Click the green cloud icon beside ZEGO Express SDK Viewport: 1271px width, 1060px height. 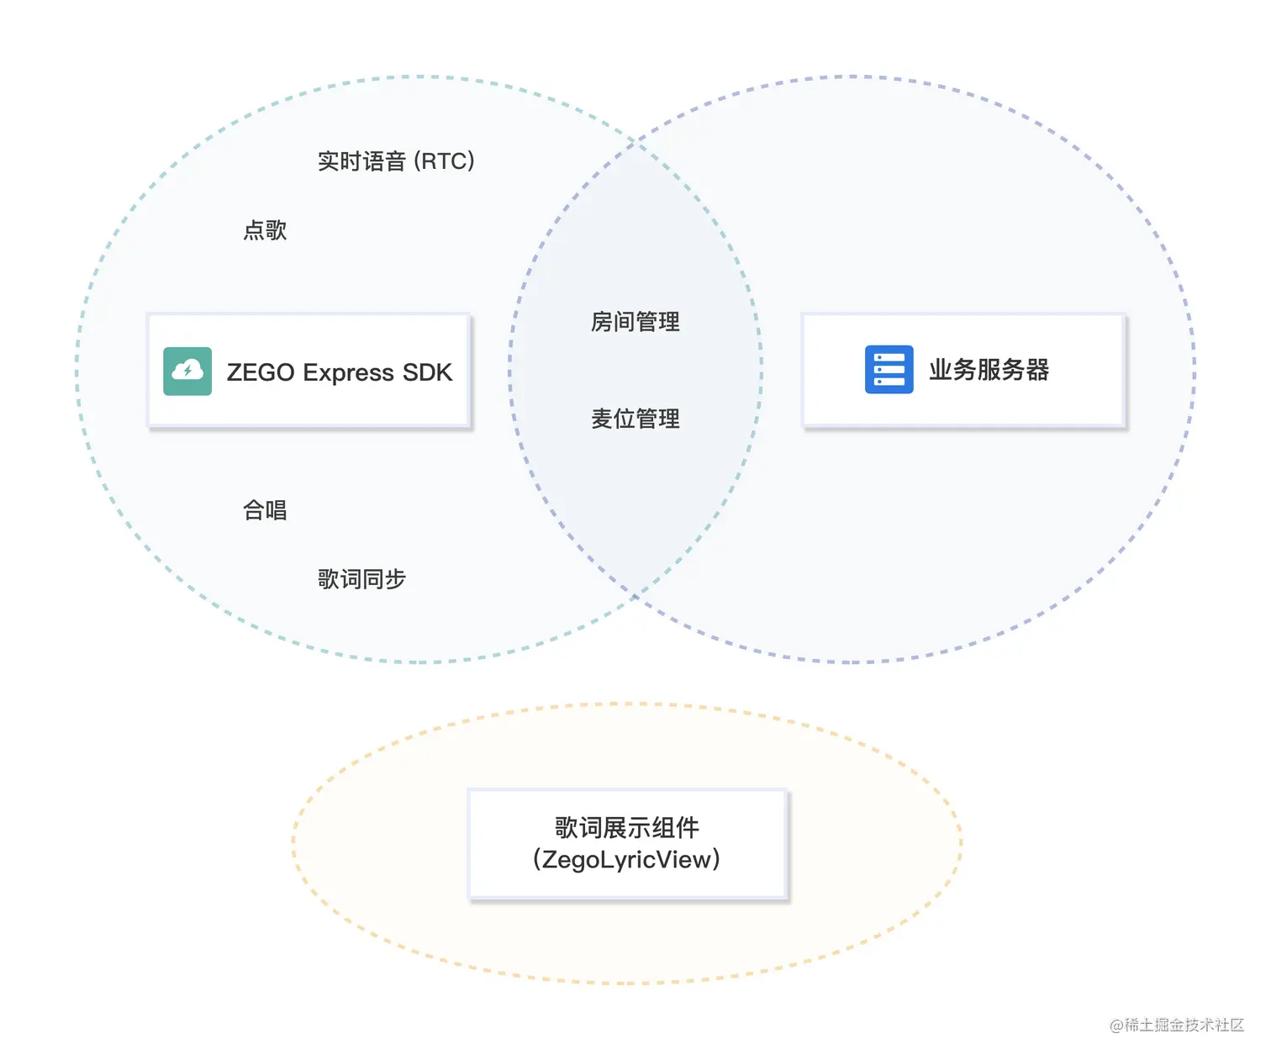coord(187,371)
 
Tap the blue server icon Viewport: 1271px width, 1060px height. coord(889,370)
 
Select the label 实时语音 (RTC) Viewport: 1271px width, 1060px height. coord(396,161)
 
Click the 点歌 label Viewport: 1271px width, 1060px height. coord(265,230)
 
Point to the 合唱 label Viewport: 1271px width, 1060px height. coord(265,510)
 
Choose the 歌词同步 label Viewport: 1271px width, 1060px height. coord(361,579)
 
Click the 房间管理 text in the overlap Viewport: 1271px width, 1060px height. coord(635,322)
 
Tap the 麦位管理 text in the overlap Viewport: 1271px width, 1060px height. coord(635,419)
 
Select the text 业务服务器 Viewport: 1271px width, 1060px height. coord(989,370)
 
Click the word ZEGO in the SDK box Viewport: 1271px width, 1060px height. coord(261,372)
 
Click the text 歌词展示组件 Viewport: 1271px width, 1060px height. coord(627,828)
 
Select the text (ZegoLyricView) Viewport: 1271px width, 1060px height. coord(627,860)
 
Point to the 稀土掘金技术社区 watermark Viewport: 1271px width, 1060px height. coord(1184,1025)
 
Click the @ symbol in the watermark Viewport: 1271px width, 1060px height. coord(1116,1026)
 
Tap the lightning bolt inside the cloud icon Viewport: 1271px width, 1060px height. coord(187,370)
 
